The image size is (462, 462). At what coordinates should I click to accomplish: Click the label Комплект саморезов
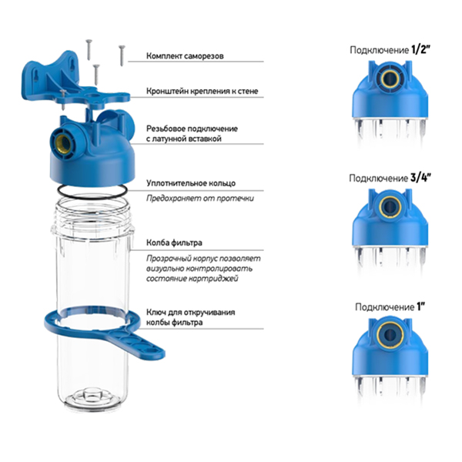coord(185,55)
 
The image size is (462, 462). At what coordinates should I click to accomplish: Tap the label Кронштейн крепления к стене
coord(202,91)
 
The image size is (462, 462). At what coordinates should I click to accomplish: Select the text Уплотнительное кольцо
coord(191,183)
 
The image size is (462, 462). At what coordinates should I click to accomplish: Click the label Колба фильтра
coord(174,243)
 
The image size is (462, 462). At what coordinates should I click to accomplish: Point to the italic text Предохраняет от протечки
coord(200,199)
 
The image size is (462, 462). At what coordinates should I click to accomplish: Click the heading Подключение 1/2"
coord(390,50)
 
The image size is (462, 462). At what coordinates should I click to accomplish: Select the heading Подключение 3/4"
coord(390,178)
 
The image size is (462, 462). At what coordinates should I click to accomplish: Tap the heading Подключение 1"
coord(390,306)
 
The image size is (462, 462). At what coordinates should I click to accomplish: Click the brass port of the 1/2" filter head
coord(390,79)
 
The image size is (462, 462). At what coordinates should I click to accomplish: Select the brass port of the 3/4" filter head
coord(390,206)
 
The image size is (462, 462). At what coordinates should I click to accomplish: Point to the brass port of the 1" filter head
coord(390,333)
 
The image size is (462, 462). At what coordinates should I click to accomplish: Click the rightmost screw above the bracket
coord(122,55)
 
